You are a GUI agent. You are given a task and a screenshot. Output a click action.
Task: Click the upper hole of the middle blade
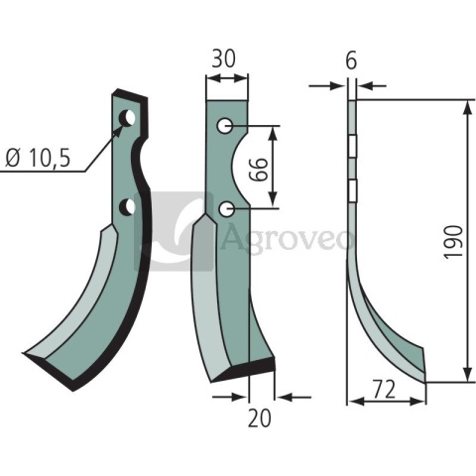[x=226, y=126]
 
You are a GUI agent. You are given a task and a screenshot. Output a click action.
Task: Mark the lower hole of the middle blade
[x=227, y=208]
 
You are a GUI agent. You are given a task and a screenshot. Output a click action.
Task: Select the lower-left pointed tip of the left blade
[x=27, y=354]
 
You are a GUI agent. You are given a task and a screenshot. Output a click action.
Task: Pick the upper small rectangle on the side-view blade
[x=352, y=146]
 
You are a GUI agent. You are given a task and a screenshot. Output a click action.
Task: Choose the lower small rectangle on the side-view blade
[x=352, y=188]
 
